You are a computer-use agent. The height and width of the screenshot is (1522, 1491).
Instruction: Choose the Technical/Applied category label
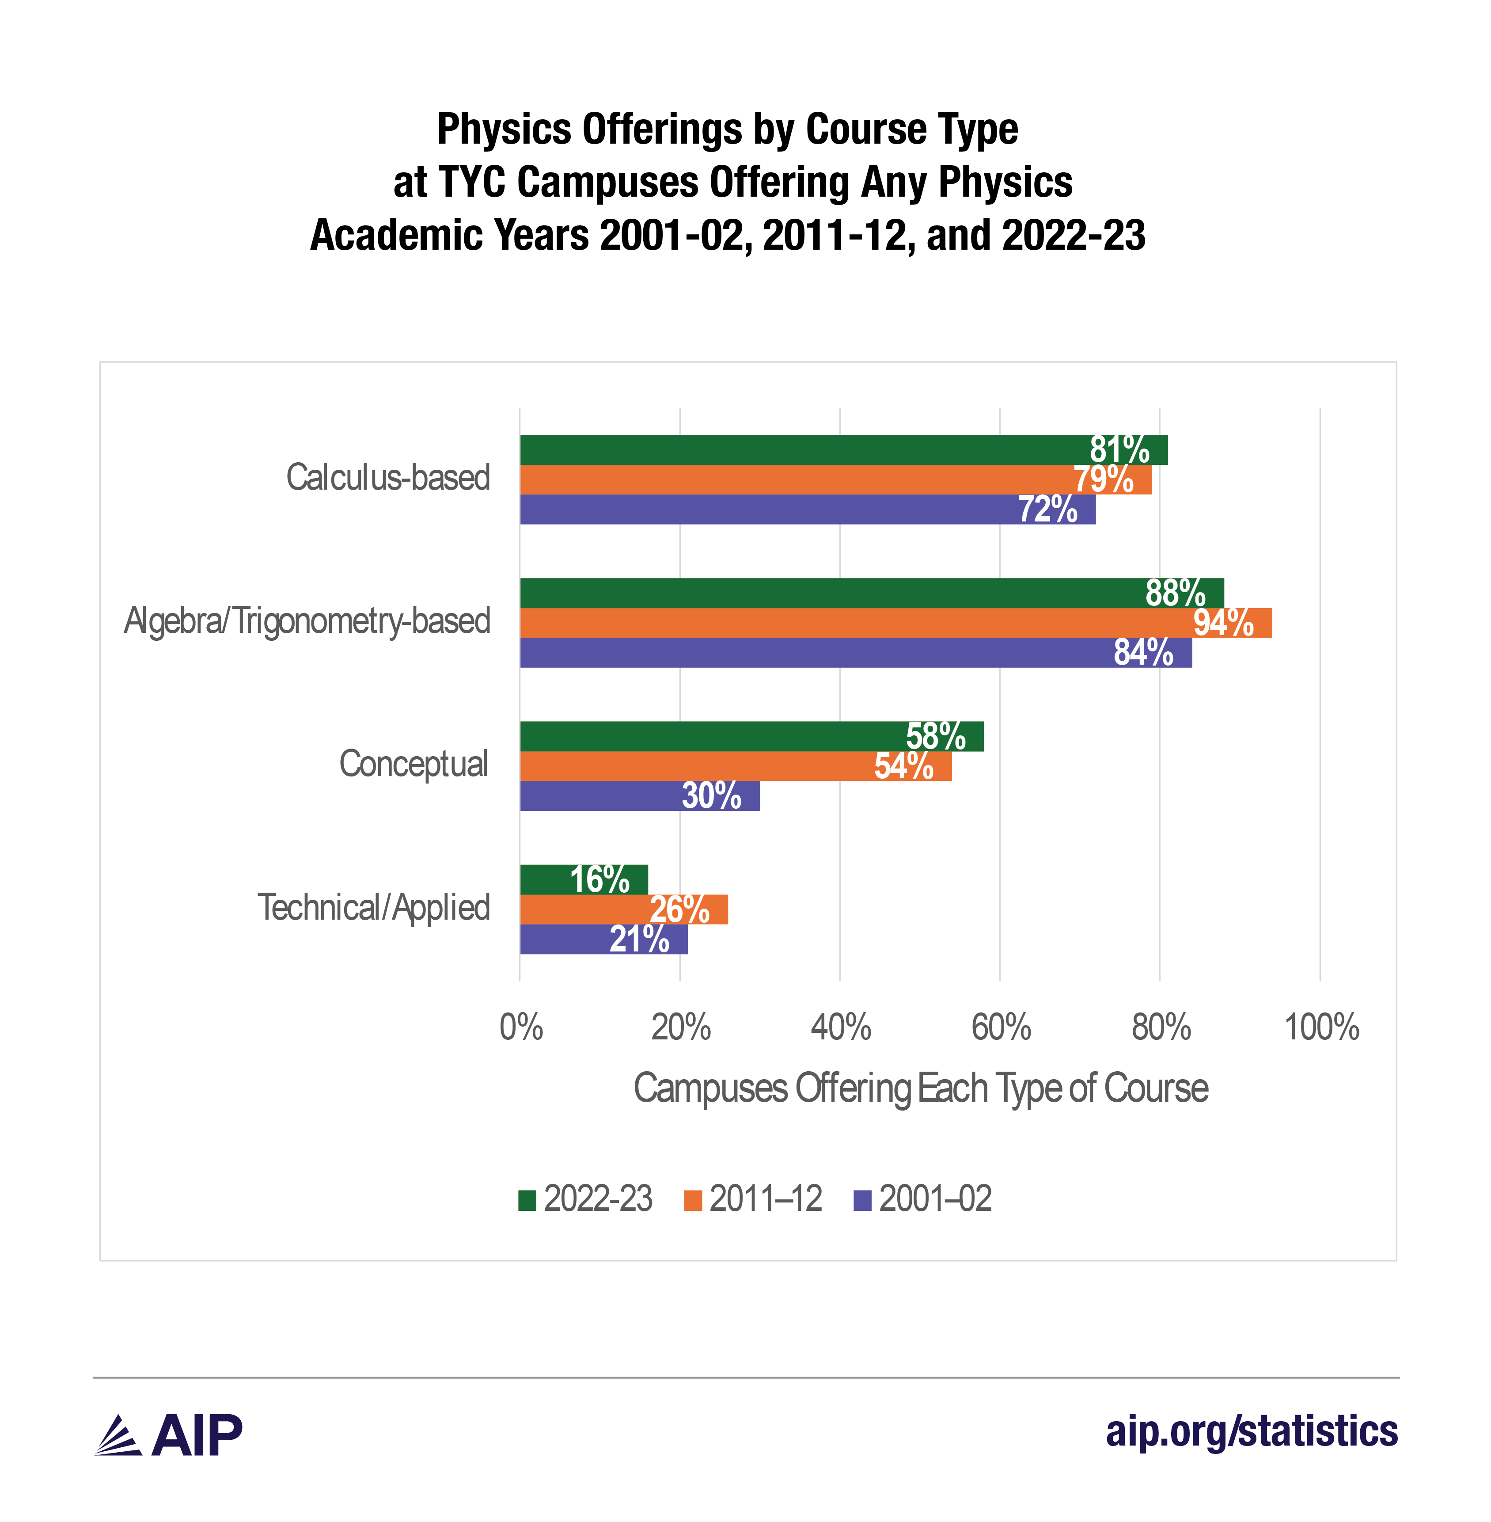tap(374, 908)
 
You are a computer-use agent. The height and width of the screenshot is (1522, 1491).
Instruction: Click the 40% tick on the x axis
tap(840, 1027)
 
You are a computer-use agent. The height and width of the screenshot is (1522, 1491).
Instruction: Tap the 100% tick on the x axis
tap(1321, 1027)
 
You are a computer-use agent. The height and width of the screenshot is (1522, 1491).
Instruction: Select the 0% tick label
tap(521, 1027)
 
